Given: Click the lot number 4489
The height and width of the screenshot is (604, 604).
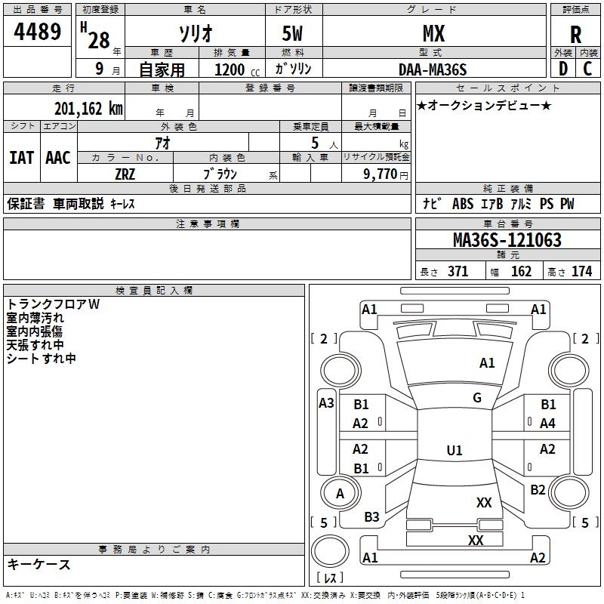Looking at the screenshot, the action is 38,32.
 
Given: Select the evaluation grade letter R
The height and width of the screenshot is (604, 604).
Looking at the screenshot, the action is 575,35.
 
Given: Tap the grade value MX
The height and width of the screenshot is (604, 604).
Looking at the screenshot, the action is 433,34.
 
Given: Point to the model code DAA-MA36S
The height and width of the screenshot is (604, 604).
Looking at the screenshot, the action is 433,69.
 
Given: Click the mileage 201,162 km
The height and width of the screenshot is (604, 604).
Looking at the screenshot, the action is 88,109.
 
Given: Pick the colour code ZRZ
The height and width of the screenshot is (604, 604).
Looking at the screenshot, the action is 125,173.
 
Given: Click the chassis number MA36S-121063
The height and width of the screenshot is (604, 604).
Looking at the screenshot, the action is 507,240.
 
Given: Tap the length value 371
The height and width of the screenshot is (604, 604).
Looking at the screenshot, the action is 458,272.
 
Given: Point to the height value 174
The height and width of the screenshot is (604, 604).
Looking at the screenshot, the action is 581,272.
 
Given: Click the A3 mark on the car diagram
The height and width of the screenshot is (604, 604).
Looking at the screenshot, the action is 326,403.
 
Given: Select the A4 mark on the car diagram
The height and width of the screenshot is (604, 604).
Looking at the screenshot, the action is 547,424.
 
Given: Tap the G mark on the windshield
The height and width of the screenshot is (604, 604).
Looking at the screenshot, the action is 476,398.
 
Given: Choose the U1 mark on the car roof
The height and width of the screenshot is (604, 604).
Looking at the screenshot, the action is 454,451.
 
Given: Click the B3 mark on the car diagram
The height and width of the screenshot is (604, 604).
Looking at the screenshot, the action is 371,517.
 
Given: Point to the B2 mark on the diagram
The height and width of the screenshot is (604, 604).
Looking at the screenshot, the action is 538,490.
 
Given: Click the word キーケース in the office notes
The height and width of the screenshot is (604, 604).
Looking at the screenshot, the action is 39,565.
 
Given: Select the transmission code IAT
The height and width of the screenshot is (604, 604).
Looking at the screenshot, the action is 21,158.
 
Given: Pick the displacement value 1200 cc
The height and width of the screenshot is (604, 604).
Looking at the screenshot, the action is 234,70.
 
